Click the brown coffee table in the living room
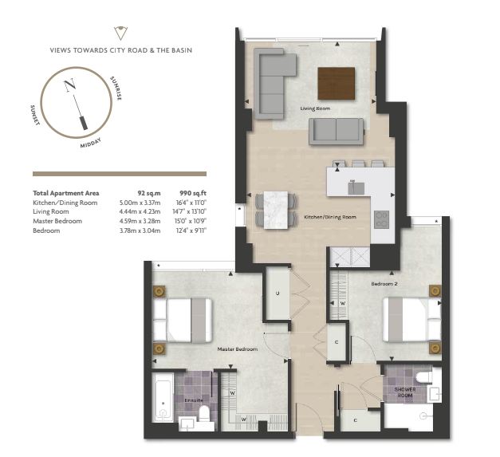click(336, 83)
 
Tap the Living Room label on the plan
click(315, 108)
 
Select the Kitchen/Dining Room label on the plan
click(329, 217)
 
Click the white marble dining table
click(276, 210)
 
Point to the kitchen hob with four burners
click(381, 219)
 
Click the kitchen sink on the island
click(356, 188)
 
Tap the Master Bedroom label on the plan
click(238, 349)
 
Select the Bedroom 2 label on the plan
click(384, 283)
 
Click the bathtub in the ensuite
click(163, 397)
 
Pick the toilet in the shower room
click(423, 377)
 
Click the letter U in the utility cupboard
click(278, 293)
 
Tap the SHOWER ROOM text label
click(405, 392)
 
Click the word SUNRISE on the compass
click(116, 89)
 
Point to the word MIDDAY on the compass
click(91, 143)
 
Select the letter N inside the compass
click(70, 85)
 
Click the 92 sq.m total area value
click(149, 193)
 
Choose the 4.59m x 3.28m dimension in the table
click(140, 221)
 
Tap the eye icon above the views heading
click(121, 33)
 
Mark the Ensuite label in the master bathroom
click(194, 400)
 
